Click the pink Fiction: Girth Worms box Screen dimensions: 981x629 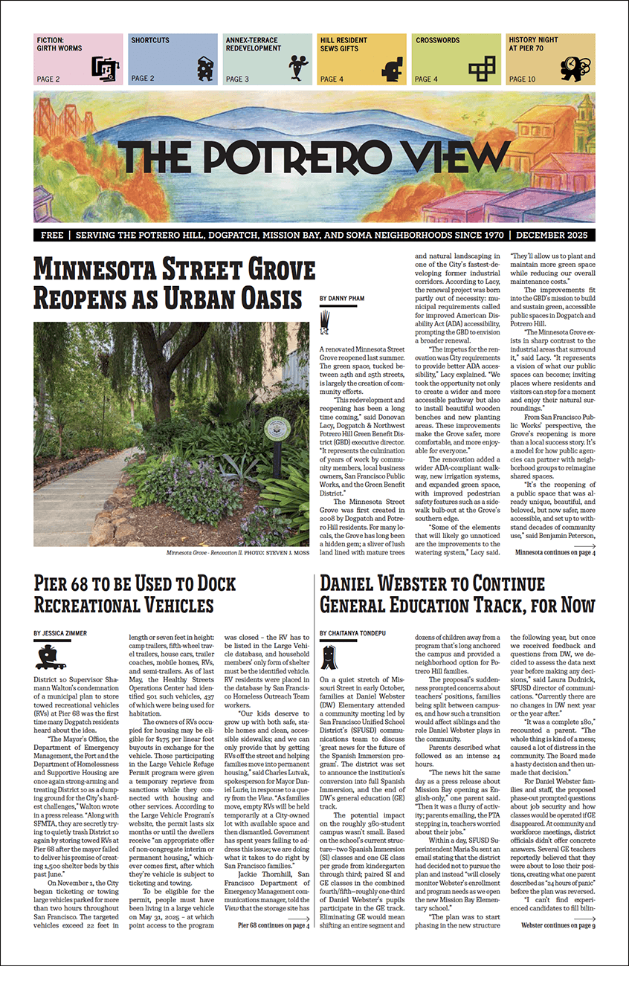point(78,59)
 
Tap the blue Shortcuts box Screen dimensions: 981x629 point(172,59)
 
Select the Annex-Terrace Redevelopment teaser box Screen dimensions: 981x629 point(267,59)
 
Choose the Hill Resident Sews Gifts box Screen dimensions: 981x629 point(361,59)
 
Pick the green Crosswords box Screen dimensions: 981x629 point(456,59)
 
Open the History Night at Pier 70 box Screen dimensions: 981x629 point(550,59)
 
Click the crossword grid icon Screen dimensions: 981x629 point(484,68)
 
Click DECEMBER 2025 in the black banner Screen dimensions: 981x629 point(552,235)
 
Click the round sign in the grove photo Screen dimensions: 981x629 point(277,427)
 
